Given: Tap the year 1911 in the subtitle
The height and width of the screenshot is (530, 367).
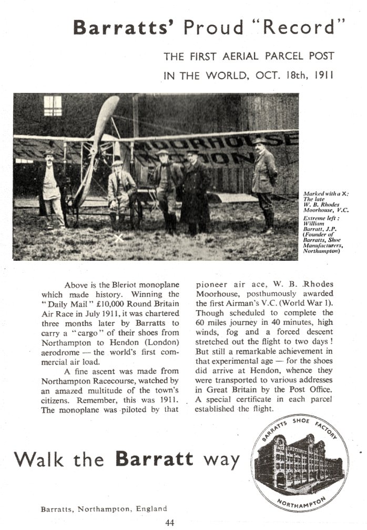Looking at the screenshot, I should tap(322, 75).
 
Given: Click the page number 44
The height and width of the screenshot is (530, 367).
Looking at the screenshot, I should tap(169, 522).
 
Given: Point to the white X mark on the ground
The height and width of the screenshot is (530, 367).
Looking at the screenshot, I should tap(119, 238).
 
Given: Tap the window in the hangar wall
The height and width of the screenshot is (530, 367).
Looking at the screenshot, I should tap(53, 105).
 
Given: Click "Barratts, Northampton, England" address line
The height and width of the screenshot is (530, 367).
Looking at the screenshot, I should tap(104, 508).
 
